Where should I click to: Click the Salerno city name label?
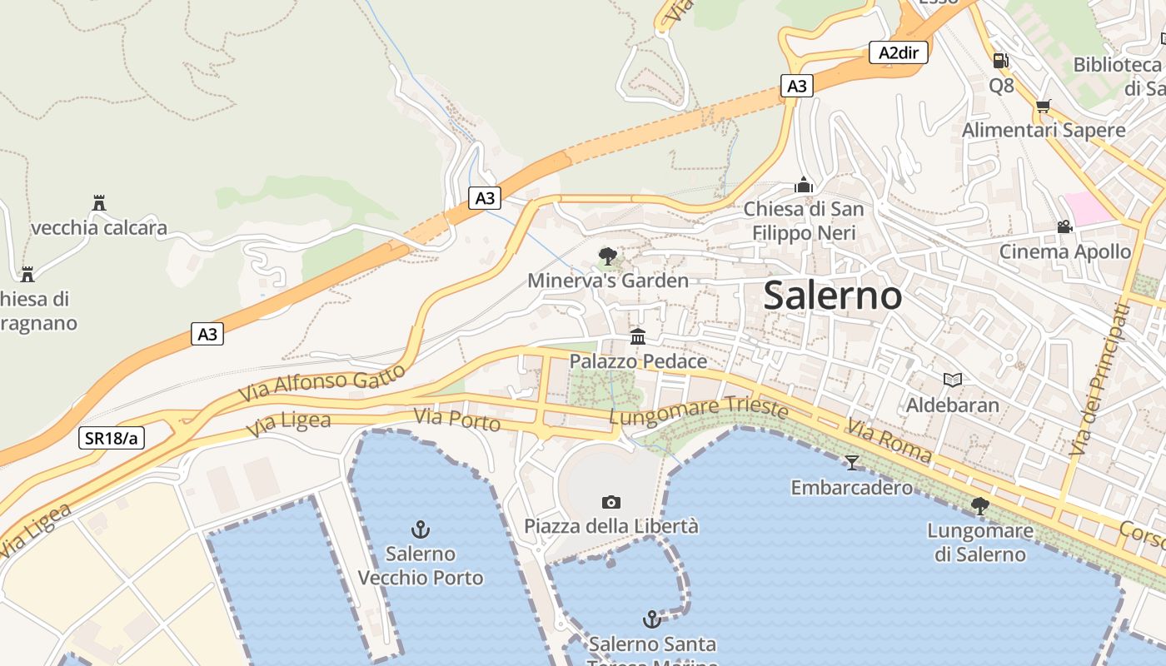pyautogui.click(x=832, y=296)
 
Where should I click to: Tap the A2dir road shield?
pyautogui.click(x=899, y=52)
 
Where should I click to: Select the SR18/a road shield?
pyautogui.click(x=112, y=438)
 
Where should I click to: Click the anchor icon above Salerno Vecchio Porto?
pyautogui.click(x=421, y=529)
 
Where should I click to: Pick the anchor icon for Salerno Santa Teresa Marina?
pyautogui.click(x=652, y=619)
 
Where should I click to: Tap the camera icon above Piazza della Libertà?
pyautogui.click(x=611, y=502)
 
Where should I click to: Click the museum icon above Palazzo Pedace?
pyautogui.click(x=638, y=336)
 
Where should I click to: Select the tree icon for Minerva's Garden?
pyautogui.click(x=608, y=256)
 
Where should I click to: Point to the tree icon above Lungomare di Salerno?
pyautogui.click(x=979, y=505)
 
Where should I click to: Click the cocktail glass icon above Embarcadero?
pyautogui.click(x=851, y=462)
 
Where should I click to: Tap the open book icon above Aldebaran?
pyautogui.click(x=953, y=380)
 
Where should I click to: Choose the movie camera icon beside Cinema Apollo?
pyautogui.click(x=1064, y=226)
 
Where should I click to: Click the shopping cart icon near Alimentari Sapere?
pyautogui.click(x=1043, y=106)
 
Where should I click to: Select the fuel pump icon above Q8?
pyautogui.click(x=1000, y=60)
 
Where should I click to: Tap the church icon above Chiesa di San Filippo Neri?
pyautogui.click(x=804, y=184)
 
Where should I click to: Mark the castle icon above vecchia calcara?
pyautogui.click(x=99, y=202)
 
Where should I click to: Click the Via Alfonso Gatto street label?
pyautogui.click(x=322, y=382)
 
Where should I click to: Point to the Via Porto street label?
pyautogui.click(x=457, y=420)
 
